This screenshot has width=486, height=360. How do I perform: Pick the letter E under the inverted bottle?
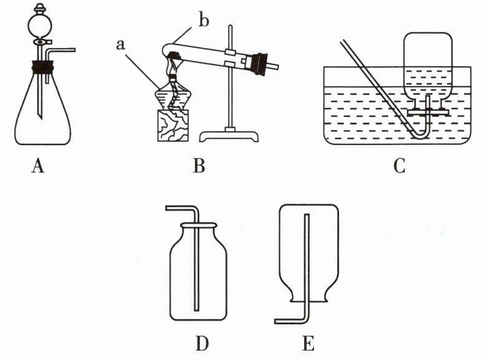(308, 343)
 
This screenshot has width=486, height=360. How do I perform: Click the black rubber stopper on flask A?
(42, 64)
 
